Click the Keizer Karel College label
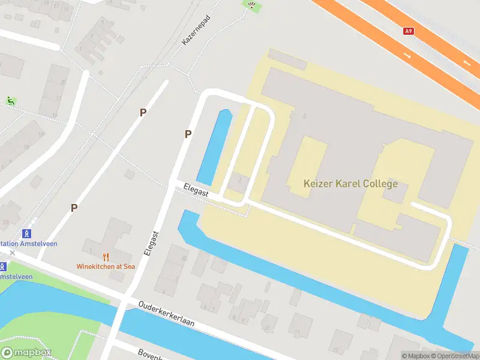click(350, 184)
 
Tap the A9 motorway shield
click(409, 31)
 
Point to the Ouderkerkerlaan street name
click(167, 313)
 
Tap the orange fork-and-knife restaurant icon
click(106, 256)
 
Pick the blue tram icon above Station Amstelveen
click(26, 233)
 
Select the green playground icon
click(10, 101)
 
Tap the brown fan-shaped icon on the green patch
click(251, 5)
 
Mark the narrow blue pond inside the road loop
click(214, 147)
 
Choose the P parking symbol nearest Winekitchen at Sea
click(74, 208)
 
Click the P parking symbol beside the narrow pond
click(188, 134)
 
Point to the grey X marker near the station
click(12, 253)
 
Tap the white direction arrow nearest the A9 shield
click(408, 55)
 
